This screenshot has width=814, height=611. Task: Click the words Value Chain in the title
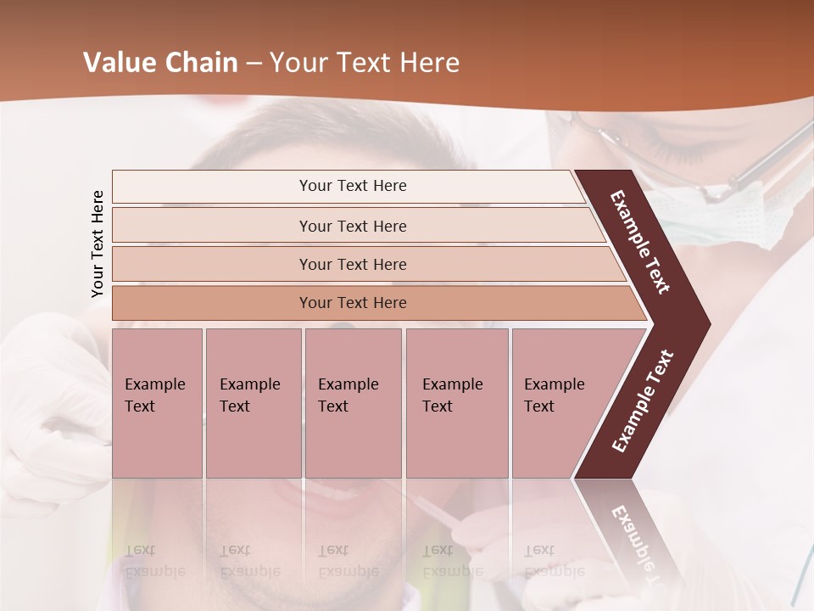point(160,63)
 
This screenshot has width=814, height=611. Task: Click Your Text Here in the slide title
point(365,63)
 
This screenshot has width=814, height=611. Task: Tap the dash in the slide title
point(254,64)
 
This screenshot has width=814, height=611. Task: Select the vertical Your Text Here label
point(98,244)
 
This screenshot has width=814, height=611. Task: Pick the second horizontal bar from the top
point(353,226)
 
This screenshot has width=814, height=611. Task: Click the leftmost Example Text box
point(157,402)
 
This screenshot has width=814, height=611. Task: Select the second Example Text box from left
point(253,402)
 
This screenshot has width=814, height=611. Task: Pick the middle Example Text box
point(353,402)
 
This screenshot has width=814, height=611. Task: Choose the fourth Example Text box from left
point(456,402)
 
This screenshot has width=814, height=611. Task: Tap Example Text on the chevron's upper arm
point(640,242)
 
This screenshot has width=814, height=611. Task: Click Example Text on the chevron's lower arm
point(643,401)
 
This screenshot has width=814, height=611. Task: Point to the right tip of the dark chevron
point(709,323)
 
